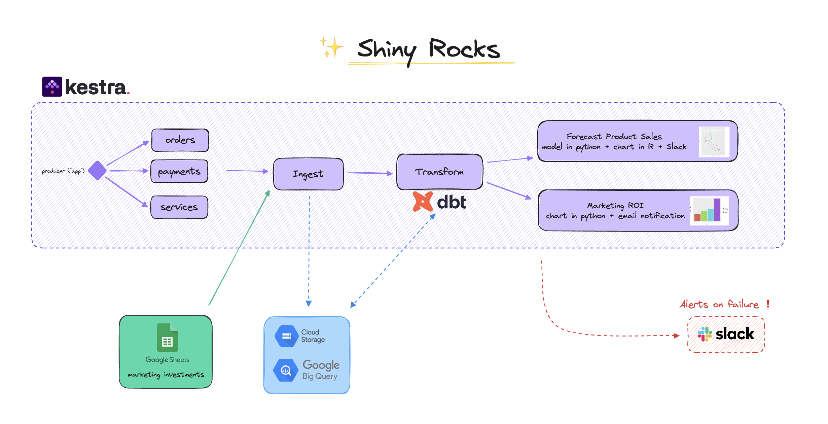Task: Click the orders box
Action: point(180,140)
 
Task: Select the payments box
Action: point(179,171)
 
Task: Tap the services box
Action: point(179,207)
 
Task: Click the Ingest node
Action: point(308,174)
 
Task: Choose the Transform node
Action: point(439,172)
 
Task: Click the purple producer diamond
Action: point(97,170)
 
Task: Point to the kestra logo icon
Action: point(52,87)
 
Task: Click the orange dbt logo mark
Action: point(423,201)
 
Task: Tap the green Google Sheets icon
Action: point(167,338)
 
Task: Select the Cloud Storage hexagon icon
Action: point(286,336)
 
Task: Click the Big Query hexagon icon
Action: point(286,370)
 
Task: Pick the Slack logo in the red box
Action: point(705,334)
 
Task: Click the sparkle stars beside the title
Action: point(331,47)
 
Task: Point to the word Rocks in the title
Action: point(464,49)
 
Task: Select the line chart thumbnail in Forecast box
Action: point(714,142)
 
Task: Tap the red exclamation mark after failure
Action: point(768,304)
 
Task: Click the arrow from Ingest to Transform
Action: point(369,173)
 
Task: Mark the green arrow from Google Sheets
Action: point(239,248)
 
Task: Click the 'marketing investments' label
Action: point(166,375)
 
